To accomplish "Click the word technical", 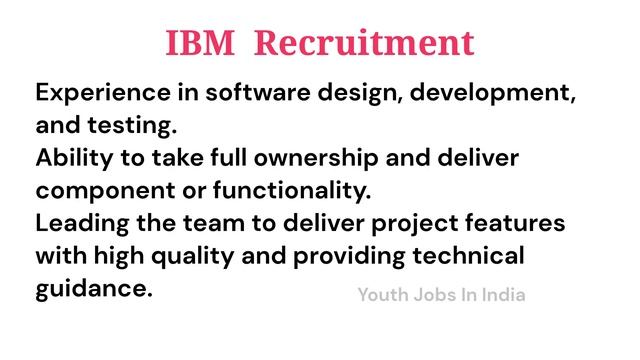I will point(474,255).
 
